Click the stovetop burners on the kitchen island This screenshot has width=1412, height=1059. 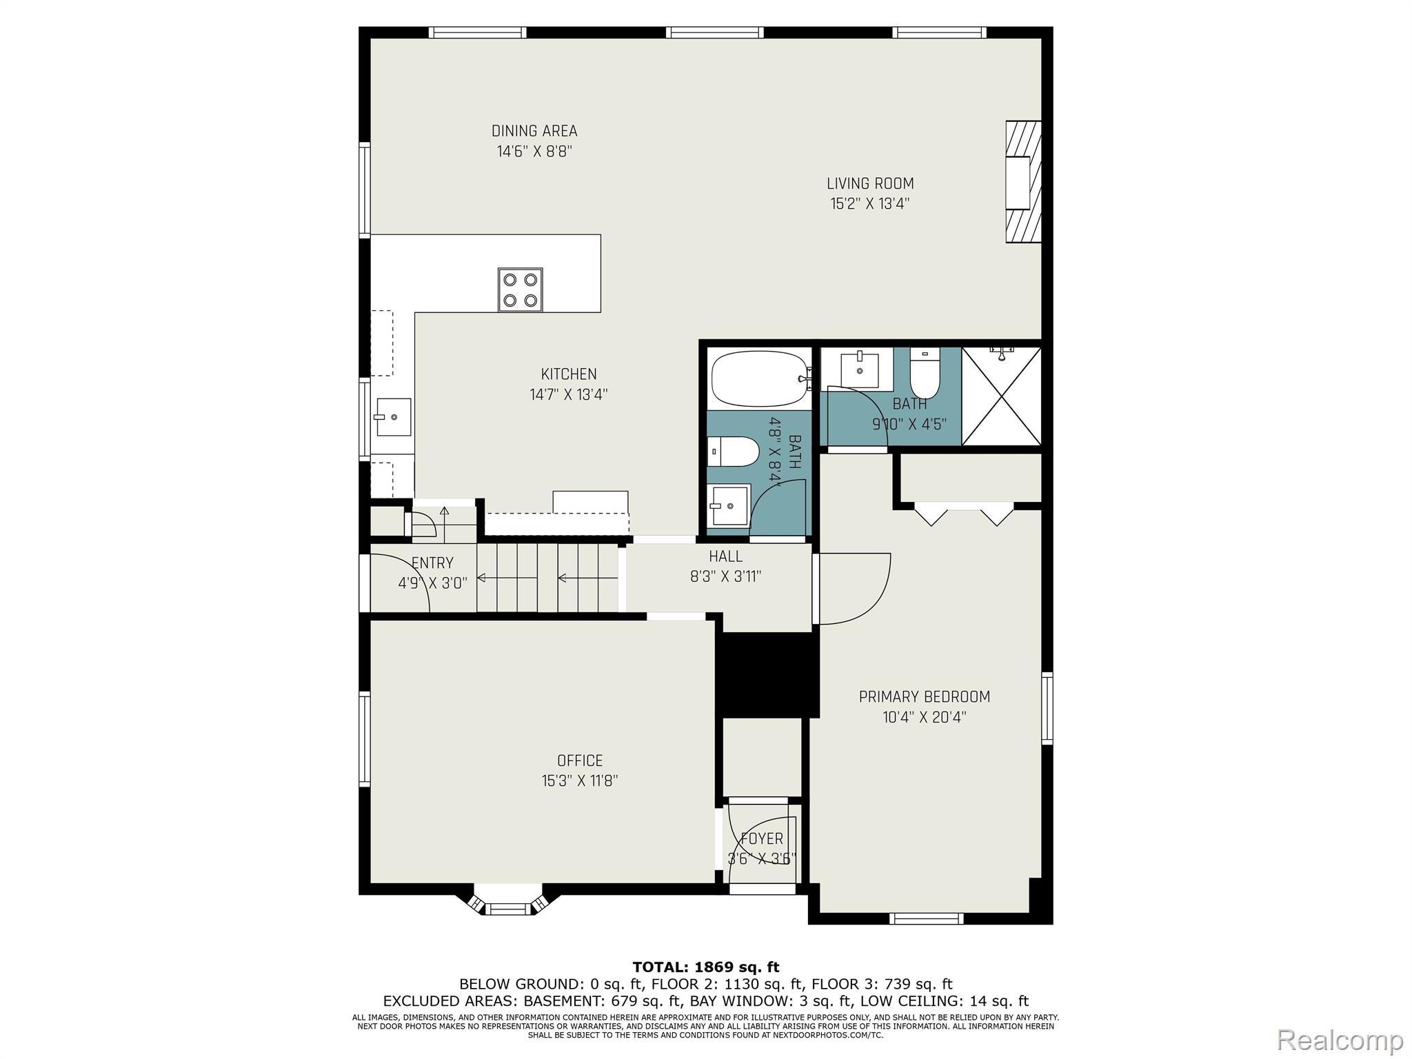(520, 290)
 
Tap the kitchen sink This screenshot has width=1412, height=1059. (394, 417)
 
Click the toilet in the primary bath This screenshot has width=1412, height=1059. (925, 373)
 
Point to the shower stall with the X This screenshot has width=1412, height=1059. (1001, 396)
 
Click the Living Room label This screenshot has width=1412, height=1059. (870, 183)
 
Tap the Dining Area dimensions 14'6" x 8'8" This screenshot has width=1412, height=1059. (535, 151)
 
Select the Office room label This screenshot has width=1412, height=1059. (580, 760)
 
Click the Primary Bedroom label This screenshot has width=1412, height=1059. (925, 697)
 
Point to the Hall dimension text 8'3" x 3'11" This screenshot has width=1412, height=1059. (725, 576)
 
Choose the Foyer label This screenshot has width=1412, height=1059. (762, 838)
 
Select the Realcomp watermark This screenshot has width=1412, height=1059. (1340, 1040)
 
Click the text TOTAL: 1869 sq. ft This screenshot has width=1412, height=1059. (706, 967)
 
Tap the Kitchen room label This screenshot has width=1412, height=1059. (569, 374)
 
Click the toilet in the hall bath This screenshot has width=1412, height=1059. (734, 452)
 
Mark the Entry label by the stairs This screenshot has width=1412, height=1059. (432, 563)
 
